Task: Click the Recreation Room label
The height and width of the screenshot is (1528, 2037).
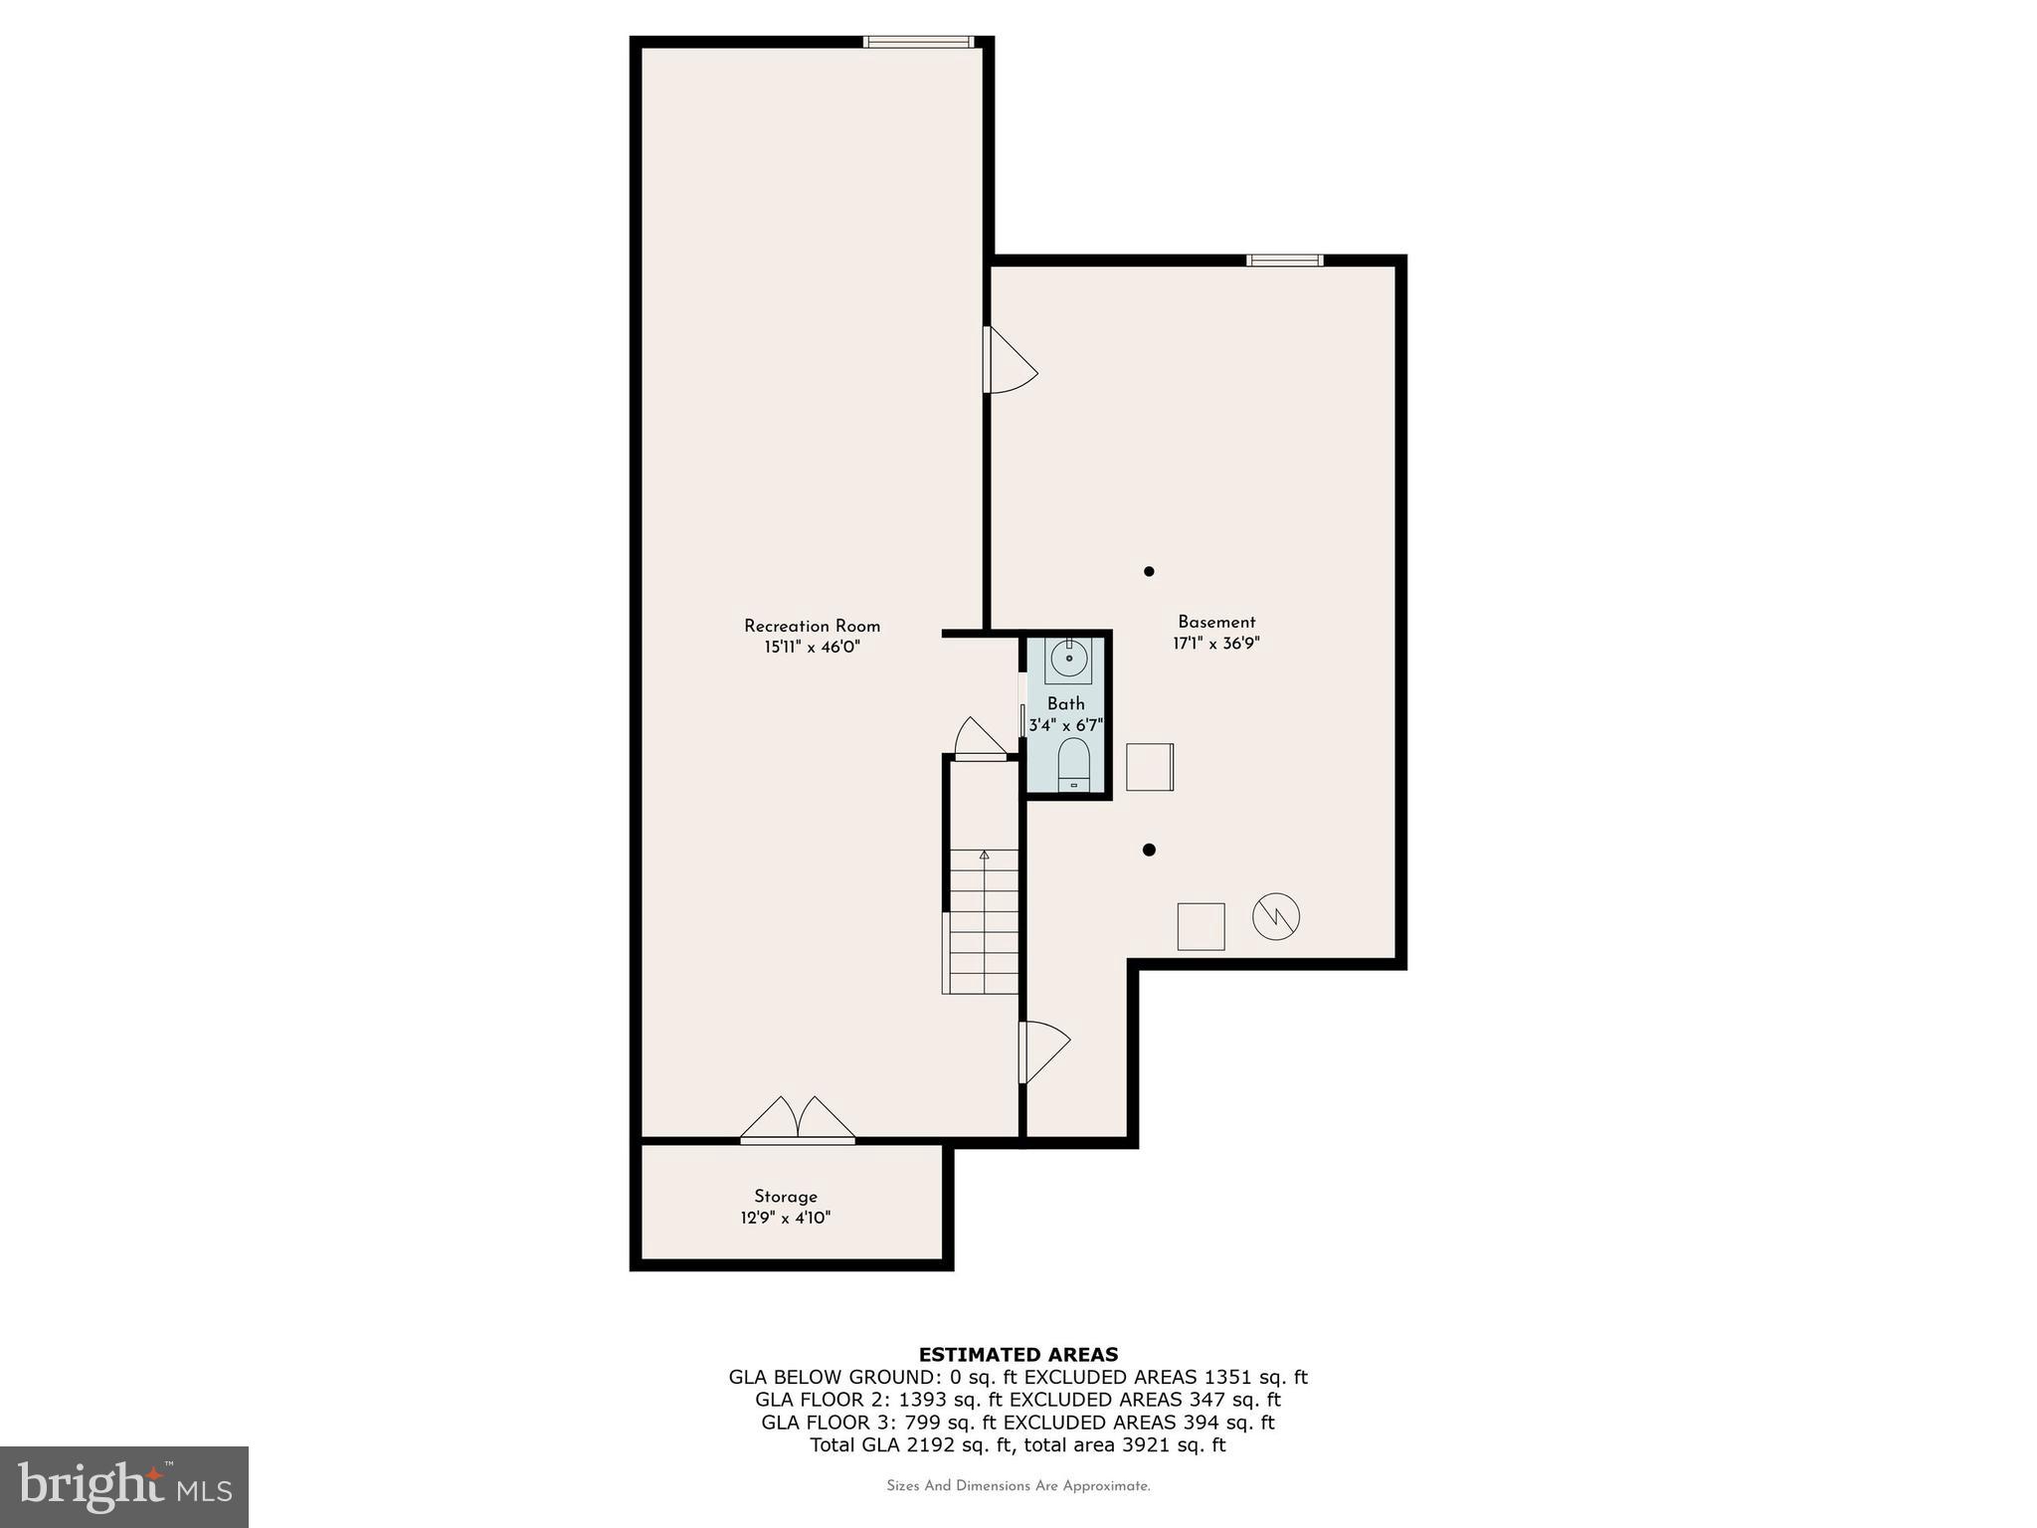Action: coord(812,626)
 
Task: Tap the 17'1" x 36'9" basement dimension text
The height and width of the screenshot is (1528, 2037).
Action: coord(1215,644)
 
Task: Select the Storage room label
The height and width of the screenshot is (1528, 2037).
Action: coord(785,1197)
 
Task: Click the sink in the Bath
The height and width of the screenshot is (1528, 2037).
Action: coord(1068,659)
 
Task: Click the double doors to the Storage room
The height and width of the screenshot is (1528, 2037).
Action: coord(798,1120)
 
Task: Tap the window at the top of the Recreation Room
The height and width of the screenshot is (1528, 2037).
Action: coord(917,42)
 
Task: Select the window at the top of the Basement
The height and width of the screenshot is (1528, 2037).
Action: coord(1284,261)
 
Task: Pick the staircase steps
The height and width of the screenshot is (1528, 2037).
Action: coord(984,921)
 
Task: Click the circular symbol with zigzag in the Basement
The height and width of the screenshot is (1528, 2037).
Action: coord(1276,916)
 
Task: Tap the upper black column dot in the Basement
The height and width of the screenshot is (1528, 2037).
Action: coord(1149,571)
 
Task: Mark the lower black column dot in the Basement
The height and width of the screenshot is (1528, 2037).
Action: coord(1149,850)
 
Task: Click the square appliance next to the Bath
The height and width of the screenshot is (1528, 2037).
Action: coord(1150,767)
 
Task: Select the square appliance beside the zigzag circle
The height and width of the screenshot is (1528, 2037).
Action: coord(1201,926)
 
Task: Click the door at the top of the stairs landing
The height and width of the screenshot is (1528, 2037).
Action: coord(981,740)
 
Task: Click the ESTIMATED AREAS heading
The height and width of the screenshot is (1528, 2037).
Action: coord(1018,1354)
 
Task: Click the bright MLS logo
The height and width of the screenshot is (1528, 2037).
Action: coord(124,1486)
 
